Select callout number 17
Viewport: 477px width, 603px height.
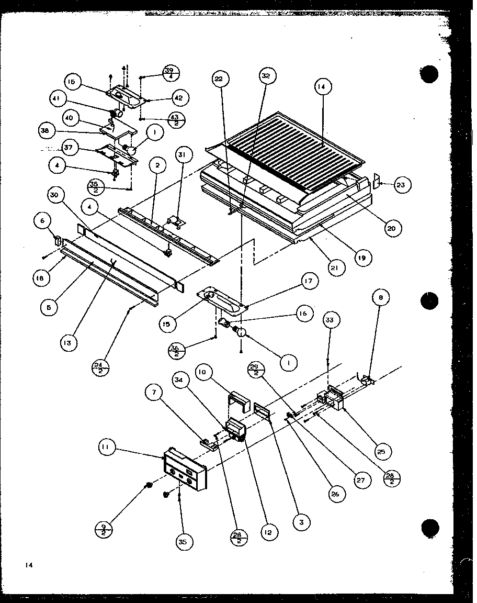click(309, 282)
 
